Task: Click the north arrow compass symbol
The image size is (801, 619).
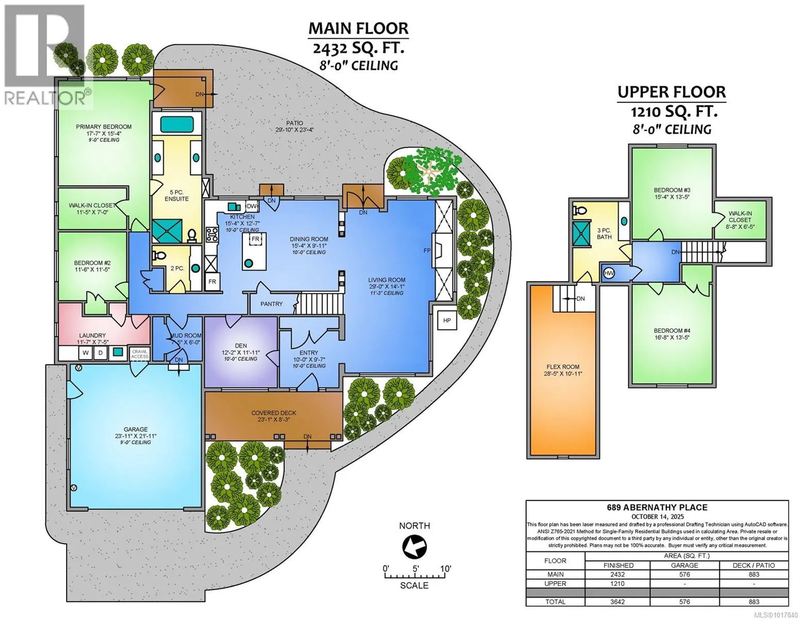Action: coord(414,547)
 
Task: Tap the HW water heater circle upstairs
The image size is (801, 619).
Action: coord(609,273)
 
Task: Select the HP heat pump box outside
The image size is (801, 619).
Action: coord(447,320)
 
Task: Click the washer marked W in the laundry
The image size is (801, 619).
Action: coord(86,353)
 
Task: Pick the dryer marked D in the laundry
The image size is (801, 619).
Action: coord(100,353)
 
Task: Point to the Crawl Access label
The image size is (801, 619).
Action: coord(140,354)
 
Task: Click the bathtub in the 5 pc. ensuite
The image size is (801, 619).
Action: coord(177,124)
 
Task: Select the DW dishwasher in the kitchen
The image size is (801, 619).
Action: coord(252,206)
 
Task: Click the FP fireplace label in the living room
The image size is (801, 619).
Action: coord(427,251)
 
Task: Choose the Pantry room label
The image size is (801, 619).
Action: coord(271,304)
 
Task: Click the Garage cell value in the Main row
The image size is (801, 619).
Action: coord(684,575)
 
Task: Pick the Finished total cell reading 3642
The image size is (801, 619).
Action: coord(617,601)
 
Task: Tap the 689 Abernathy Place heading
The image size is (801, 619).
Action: coord(657,507)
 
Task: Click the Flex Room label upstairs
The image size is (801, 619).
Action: coord(563,367)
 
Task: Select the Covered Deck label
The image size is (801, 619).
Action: coord(273,413)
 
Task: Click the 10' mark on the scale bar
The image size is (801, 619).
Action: coord(445,569)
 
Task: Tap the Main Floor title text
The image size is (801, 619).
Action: coord(358,28)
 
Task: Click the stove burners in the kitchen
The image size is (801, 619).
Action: coord(212,235)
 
